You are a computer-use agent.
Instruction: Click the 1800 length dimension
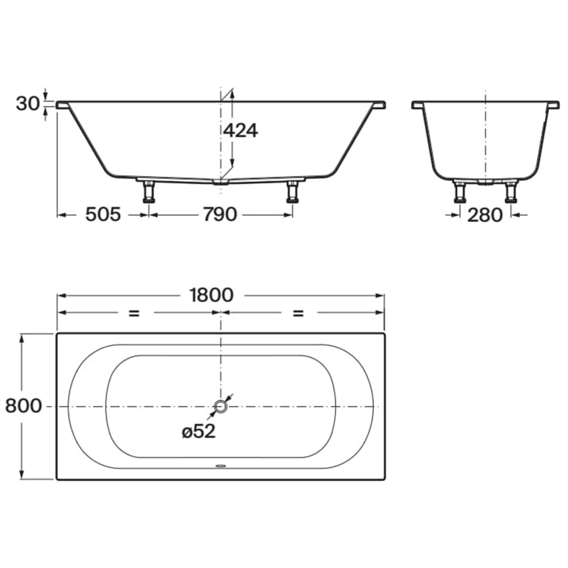point(212,295)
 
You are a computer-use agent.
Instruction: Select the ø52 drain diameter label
point(199,432)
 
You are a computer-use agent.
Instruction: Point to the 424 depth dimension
point(240,130)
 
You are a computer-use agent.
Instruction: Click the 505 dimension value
point(103,214)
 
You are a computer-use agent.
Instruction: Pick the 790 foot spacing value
point(220,214)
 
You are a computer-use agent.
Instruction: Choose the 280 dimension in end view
point(485,215)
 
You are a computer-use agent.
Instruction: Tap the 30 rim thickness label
point(27,104)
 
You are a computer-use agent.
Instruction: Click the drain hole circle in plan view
point(220,407)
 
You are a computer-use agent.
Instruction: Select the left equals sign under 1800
point(134,313)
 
